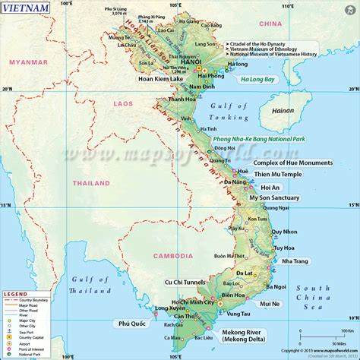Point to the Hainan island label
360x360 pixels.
coord(282,110)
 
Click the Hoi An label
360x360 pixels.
coord(270,187)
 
